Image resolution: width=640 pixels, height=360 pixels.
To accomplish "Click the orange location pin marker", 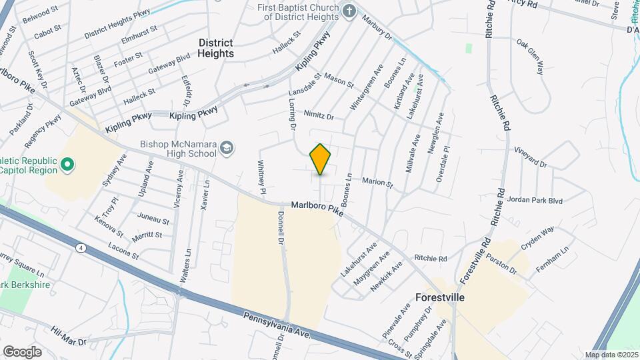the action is (x=321, y=159).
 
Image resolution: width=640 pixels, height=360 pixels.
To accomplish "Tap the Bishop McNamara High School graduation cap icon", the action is (x=227, y=147).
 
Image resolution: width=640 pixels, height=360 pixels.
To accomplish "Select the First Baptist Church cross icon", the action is (x=348, y=11).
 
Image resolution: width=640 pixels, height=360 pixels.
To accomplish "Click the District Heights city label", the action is (x=216, y=48).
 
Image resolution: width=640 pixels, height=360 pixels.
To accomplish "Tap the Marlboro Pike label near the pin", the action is (x=317, y=209).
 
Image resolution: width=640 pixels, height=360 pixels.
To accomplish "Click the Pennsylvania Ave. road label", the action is (x=277, y=325).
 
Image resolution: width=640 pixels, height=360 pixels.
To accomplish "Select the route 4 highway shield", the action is (x=81, y=248).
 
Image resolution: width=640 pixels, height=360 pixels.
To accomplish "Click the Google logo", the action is (x=22, y=351).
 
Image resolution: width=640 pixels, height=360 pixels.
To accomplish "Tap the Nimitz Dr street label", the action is (x=318, y=115).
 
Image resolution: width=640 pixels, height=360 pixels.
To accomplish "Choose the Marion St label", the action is (x=378, y=182).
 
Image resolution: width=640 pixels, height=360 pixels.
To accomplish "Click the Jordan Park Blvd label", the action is (x=535, y=200).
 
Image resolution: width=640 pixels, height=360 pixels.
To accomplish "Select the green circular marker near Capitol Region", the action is (x=67, y=164).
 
